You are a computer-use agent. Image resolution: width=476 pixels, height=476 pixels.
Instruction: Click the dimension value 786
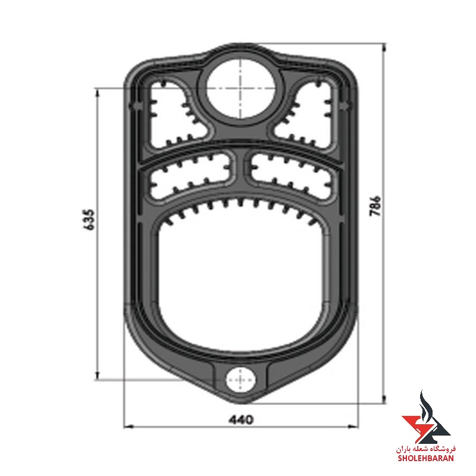tap(375, 206)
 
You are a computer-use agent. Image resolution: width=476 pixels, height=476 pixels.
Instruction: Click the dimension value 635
tap(89, 220)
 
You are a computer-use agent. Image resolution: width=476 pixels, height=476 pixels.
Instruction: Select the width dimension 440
tap(241, 419)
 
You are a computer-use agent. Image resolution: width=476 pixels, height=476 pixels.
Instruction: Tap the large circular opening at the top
tap(241, 88)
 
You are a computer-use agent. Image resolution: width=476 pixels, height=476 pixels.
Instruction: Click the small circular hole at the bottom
tap(240, 380)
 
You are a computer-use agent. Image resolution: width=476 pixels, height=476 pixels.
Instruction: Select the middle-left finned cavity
tap(191, 174)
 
